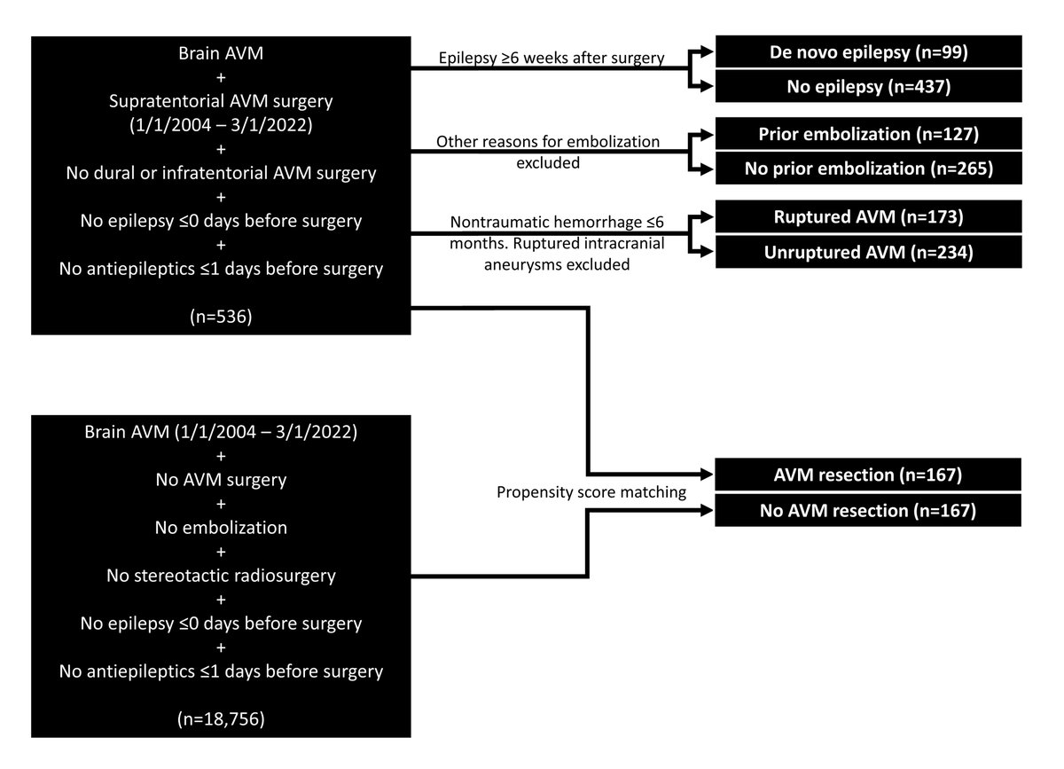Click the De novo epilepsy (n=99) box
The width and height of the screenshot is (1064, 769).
tap(868, 51)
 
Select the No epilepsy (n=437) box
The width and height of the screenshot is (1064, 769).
tap(868, 87)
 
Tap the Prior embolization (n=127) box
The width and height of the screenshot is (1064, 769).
tap(868, 134)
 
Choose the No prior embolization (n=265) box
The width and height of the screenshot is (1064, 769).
tap(868, 169)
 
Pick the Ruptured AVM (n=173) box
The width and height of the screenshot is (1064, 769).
tap(868, 216)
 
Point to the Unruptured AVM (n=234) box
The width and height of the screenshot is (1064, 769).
tap(868, 252)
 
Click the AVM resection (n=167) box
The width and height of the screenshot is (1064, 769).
tap(868, 475)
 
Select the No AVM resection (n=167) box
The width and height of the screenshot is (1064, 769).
tap(868, 510)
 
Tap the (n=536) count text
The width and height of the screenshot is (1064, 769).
tap(221, 317)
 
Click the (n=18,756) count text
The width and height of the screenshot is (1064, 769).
tap(221, 718)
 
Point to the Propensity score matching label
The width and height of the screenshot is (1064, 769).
tap(591, 492)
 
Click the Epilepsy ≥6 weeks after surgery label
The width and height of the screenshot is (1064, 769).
tap(552, 58)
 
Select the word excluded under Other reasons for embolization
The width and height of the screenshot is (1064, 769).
tap(548, 163)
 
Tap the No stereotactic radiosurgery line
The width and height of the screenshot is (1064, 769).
tap(221, 576)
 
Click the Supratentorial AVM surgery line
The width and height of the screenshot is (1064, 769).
tap(221, 101)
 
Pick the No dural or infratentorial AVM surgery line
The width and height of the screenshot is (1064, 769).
tap(221, 173)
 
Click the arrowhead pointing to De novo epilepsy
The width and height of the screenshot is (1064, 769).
tap(708, 51)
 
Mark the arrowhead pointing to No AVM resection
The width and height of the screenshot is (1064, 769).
tap(707, 510)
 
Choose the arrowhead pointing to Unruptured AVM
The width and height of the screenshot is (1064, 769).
tap(708, 251)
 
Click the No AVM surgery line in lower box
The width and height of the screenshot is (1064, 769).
tap(221, 480)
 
